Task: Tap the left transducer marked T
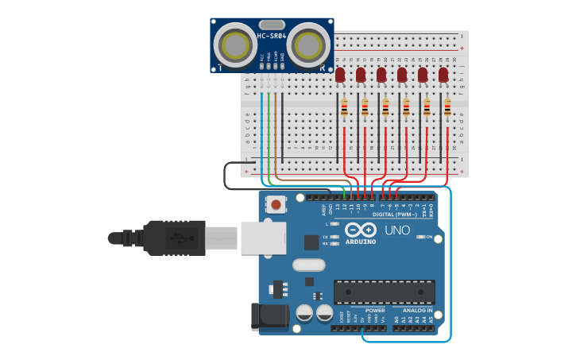point(234,45)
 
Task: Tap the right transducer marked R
point(308,45)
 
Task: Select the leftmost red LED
point(340,75)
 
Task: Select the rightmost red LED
point(443,75)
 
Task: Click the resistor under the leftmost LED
point(344,108)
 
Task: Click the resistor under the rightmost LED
point(447,108)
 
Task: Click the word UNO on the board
point(397,230)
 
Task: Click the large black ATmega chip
point(384,292)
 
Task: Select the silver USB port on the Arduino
point(263,237)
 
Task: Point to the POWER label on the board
point(375,311)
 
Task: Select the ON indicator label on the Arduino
point(429,237)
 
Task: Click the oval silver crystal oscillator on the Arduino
point(309,265)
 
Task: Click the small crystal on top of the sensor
point(271,25)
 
